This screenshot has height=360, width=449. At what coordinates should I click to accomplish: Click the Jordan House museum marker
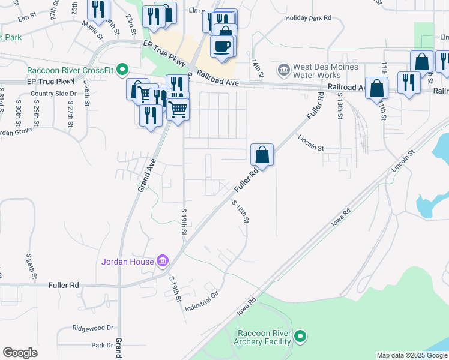tap(162, 261)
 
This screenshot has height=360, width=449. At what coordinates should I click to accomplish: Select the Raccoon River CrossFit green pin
tap(122, 70)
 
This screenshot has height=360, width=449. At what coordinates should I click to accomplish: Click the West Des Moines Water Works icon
tap(284, 70)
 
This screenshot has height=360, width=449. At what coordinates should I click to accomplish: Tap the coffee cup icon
tap(222, 46)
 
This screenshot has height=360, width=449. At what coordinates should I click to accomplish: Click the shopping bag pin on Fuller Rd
tap(262, 155)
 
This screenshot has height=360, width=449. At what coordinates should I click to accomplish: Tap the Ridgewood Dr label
tap(93, 328)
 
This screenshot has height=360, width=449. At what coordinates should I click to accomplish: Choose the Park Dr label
tap(102, 346)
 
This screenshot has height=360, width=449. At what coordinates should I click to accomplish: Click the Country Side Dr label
tap(53, 94)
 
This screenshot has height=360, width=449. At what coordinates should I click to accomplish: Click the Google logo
tap(20, 353)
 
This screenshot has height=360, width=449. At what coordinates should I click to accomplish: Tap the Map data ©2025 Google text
tap(411, 355)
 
